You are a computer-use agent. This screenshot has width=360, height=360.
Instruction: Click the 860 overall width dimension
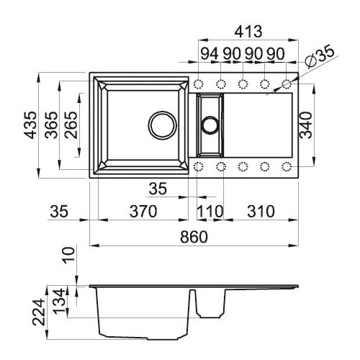pyautogui.click(x=194, y=237)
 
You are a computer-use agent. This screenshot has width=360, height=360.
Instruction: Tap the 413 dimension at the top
pyautogui.click(x=248, y=32)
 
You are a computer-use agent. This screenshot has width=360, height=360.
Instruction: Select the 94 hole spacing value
pyautogui.click(x=210, y=53)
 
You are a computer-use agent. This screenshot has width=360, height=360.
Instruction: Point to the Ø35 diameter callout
pyautogui.click(x=320, y=55)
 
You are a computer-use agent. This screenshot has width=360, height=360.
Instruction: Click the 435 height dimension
pyautogui.click(x=30, y=125)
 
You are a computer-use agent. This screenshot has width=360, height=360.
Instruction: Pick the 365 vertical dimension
pyautogui.click(x=51, y=125)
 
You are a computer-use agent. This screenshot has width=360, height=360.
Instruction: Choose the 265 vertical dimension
pyautogui.click(x=71, y=125)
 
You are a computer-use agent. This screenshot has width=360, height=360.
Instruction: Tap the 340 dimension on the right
pyautogui.click(x=306, y=125)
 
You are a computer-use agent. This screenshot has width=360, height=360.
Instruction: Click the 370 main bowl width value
pyautogui.click(x=143, y=212)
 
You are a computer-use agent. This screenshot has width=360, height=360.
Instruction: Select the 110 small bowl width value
pyautogui.click(x=210, y=212)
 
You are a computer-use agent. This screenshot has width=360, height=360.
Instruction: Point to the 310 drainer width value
pyautogui.click(x=261, y=212)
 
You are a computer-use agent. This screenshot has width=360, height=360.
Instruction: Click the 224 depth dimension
pyautogui.click(x=39, y=312)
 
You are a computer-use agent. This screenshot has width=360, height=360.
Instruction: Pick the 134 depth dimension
pyautogui.click(x=59, y=302)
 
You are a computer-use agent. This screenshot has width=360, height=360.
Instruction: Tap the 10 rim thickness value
pyautogui.click(x=69, y=256)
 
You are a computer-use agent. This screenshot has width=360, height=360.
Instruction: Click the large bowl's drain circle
pyautogui.click(x=163, y=125)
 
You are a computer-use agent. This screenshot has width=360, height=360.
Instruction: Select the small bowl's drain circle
pyautogui.click(x=210, y=125)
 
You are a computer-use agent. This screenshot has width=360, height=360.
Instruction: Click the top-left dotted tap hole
pyautogui.click(x=198, y=84)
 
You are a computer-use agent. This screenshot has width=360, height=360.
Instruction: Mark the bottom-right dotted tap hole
pyautogui.click(x=287, y=166)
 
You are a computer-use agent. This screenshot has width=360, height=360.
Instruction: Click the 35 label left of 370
pyautogui.click(x=59, y=212)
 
